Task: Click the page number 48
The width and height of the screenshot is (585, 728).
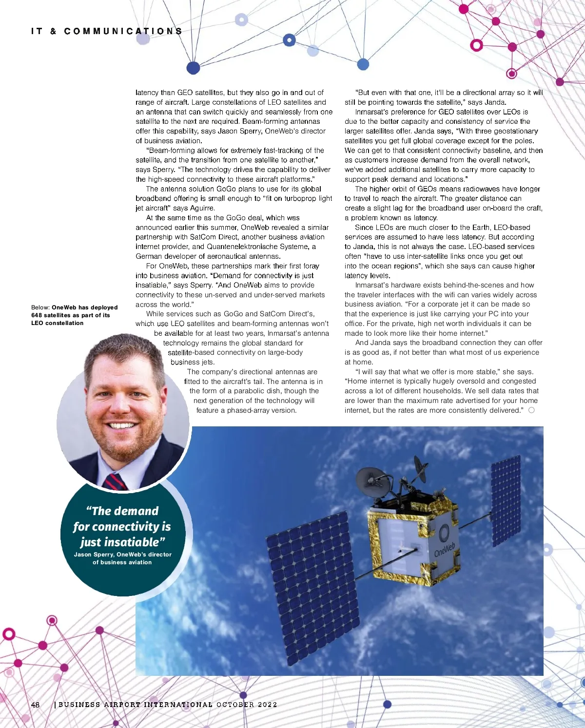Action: [35, 705]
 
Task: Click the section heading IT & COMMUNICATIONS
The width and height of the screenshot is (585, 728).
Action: [107, 31]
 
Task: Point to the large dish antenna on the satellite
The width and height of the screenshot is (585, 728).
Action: [372, 482]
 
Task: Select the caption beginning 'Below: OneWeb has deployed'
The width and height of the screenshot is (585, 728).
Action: [74, 315]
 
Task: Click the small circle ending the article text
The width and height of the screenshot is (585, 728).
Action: [531, 410]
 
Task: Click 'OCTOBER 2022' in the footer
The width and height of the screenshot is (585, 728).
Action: [247, 705]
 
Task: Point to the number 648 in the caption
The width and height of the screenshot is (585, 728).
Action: [37, 315]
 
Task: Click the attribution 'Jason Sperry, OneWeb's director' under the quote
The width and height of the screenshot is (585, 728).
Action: [122, 555]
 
